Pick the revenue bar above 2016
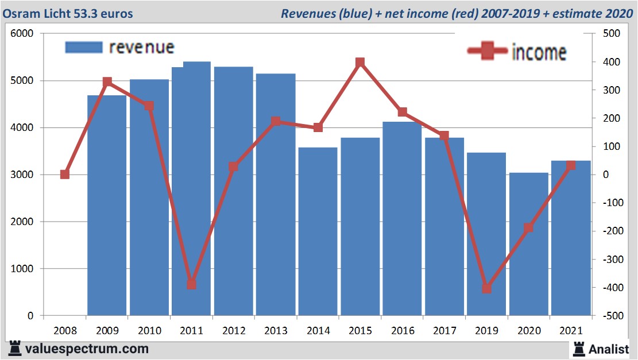pos(402,219)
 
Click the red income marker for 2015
pos(360,63)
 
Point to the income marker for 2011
pos(192,284)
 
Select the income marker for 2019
pos(486,288)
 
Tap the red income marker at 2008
pos(65,175)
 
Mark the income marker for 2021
pos(571,165)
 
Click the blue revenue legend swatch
pos(83,47)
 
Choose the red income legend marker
pos(488,51)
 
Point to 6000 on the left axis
pos(22,34)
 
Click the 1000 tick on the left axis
pos(22,269)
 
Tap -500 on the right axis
pos(609,316)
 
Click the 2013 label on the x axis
pos(276,331)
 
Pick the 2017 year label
pos(444,331)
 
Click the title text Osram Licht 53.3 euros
pos(68,13)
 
